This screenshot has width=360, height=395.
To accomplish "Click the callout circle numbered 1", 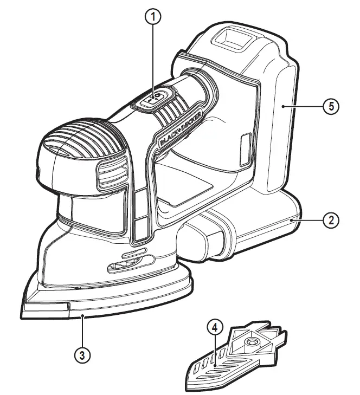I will pyautogui.click(x=155, y=17).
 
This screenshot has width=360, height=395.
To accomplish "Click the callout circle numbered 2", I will pyautogui.click(x=331, y=220).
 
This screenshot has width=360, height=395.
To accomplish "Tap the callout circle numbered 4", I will pyautogui.click(x=215, y=327).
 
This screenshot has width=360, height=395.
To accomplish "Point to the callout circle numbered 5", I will pyautogui.click(x=331, y=106).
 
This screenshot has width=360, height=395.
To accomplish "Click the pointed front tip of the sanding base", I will pyautogui.click(x=27, y=306).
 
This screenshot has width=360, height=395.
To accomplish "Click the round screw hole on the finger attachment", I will pyautogui.click(x=252, y=343).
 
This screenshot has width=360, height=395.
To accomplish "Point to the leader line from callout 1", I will pyautogui.click(x=155, y=60).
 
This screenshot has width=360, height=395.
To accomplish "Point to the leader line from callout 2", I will pyautogui.click(x=309, y=220).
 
